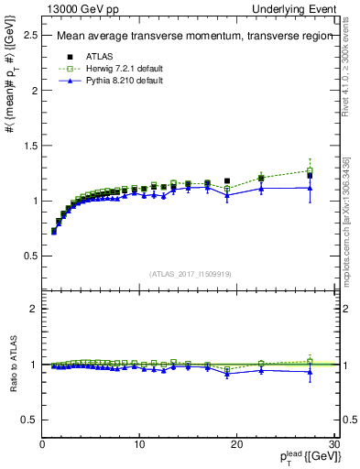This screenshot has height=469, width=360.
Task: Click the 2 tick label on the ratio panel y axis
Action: click(x=33, y=310)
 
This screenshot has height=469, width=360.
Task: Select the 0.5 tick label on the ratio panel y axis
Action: click(x=28, y=420)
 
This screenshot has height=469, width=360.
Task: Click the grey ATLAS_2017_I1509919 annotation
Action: click(x=190, y=273)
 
